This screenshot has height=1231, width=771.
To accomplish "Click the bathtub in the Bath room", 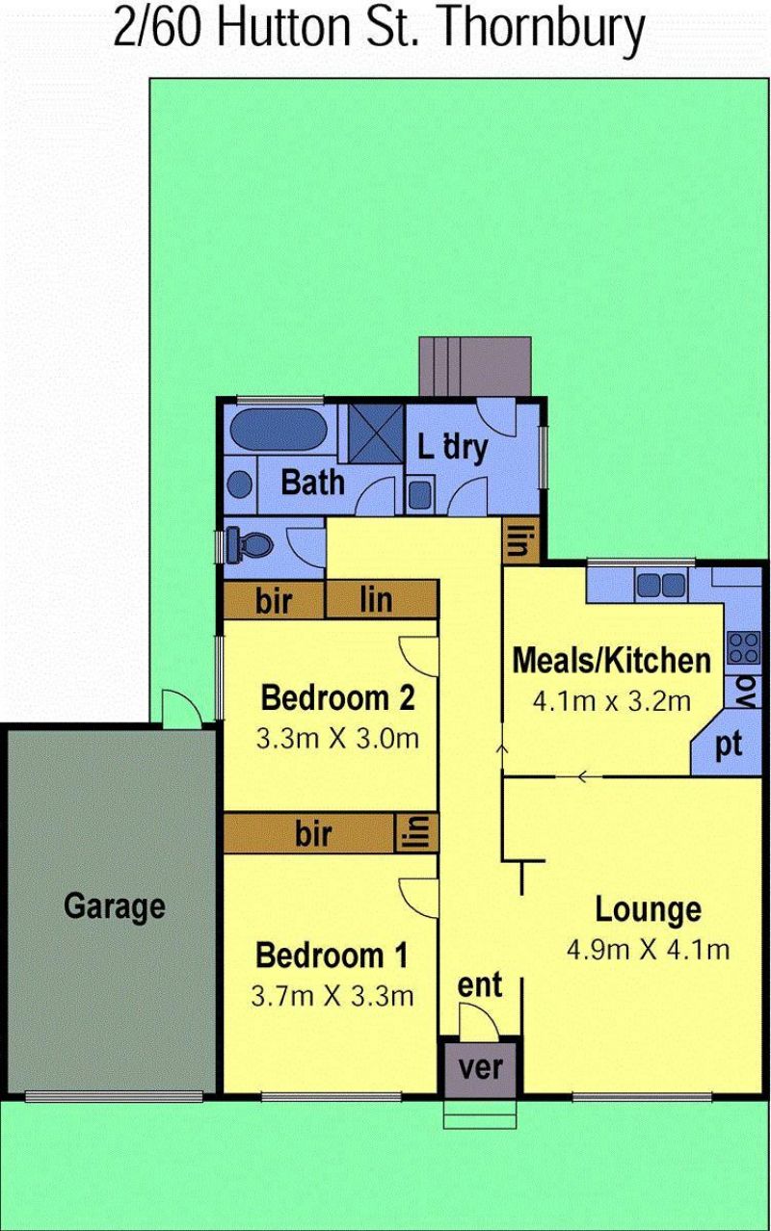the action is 272,430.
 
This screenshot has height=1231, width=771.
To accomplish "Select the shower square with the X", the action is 375,433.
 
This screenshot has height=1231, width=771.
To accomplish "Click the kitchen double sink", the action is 661,585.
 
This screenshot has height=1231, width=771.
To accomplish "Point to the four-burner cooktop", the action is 743,647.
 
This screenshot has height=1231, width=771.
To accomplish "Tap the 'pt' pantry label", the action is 729,745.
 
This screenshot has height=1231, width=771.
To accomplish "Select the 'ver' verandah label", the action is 481,1067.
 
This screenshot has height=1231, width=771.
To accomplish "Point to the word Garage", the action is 115,905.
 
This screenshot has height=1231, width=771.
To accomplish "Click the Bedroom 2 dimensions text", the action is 337,739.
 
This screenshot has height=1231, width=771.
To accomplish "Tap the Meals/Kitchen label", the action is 612,660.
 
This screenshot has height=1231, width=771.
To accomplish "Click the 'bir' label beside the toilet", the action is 274,601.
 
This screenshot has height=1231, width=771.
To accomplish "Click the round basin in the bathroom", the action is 239,485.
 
